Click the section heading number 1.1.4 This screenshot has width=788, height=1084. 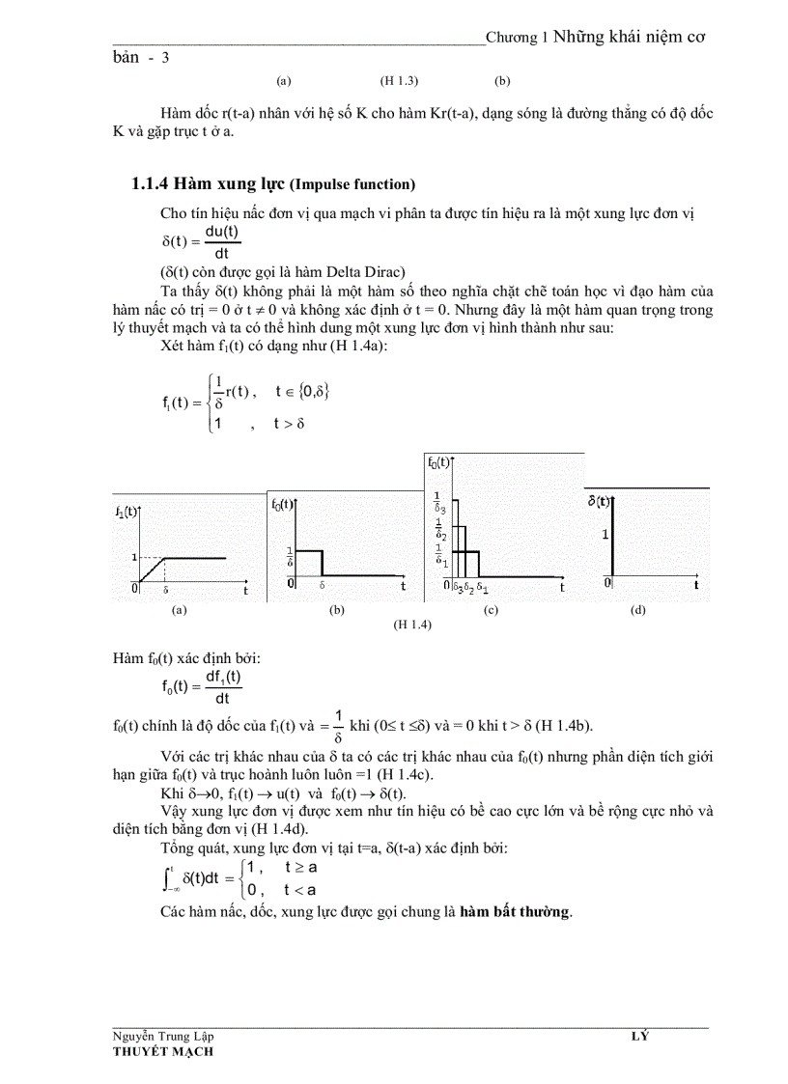pos(150,184)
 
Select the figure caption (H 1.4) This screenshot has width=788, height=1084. pos(411,625)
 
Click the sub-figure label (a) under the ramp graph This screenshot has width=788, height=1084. pos(178,610)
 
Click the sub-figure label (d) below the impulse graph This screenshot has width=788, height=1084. pos(637,610)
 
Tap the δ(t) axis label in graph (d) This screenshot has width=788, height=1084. pos(600,501)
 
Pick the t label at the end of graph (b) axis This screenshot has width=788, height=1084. pos(403,585)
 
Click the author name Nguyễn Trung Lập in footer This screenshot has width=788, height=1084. pos(163,1037)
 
